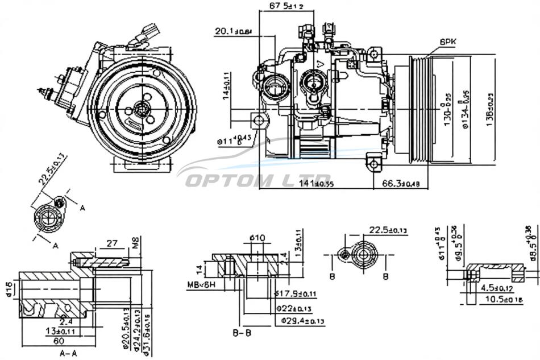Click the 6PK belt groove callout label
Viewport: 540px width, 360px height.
click(x=448, y=42)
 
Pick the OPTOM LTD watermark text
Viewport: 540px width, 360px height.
click(x=259, y=181)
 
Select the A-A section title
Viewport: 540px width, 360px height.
click(x=68, y=353)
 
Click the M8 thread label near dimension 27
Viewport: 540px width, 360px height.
click(x=136, y=245)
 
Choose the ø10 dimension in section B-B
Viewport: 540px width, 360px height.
click(x=257, y=237)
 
